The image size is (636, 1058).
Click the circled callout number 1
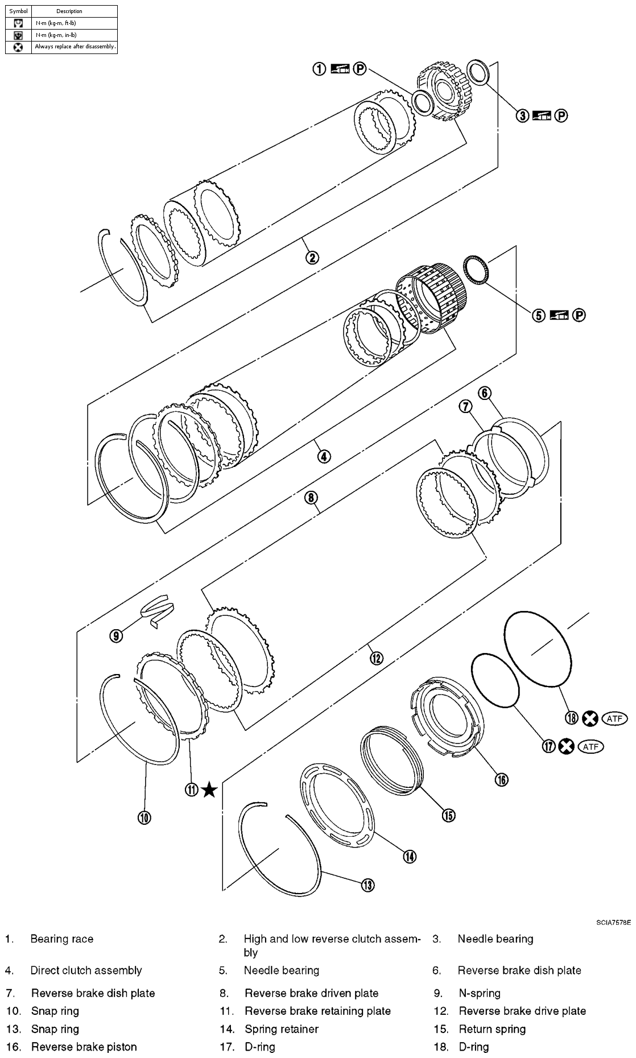click(x=319, y=69)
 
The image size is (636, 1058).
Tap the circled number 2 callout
click(x=312, y=258)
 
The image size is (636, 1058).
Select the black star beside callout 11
click(x=209, y=790)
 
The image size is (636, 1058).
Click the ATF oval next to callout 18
click(x=614, y=718)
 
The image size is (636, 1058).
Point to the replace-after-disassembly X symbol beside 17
click(x=565, y=746)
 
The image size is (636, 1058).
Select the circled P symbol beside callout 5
click(x=579, y=315)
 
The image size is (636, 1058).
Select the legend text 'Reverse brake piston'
click(x=84, y=1047)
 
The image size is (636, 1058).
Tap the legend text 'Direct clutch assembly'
click(x=86, y=970)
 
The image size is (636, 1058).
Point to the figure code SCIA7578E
click(x=613, y=922)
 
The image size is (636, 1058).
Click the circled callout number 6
click(x=485, y=392)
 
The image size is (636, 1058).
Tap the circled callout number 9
click(x=116, y=635)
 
